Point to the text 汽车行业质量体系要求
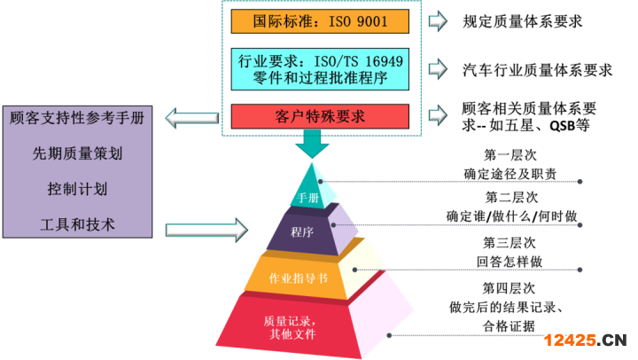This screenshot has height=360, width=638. point(537,68)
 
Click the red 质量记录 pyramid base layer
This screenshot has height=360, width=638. point(292,325)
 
